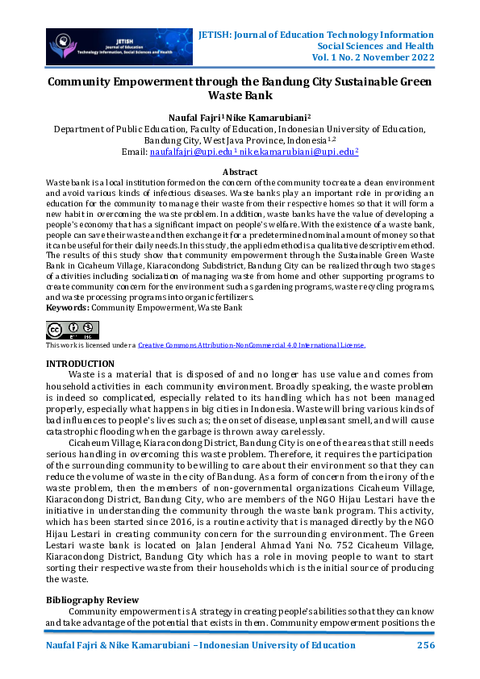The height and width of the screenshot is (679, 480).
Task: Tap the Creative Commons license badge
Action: (x=73, y=330)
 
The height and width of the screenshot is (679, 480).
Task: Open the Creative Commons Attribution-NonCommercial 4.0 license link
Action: (x=252, y=345)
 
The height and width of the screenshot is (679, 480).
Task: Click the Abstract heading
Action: (x=240, y=172)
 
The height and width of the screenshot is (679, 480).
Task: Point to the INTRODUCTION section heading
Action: (x=80, y=364)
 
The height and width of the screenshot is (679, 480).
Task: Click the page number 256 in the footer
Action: (x=426, y=647)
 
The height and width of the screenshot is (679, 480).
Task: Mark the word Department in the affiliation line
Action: (x=82, y=128)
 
